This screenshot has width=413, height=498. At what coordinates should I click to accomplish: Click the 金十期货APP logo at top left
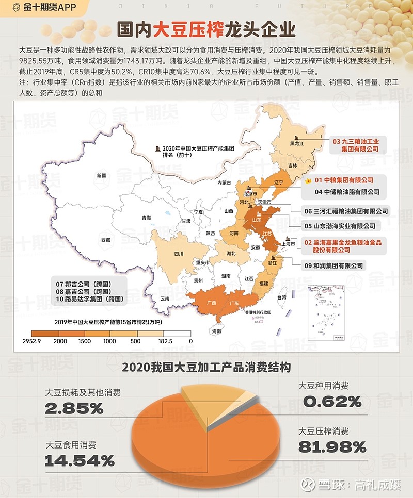(x=38, y=8)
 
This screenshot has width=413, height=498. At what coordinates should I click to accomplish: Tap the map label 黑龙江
(x=296, y=144)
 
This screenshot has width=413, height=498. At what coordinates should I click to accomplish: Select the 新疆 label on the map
(x=100, y=176)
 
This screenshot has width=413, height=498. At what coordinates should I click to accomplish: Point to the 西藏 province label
(x=106, y=240)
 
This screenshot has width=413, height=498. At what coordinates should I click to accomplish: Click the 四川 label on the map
(x=179, y=254)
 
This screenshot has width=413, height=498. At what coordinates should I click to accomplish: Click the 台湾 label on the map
(x=281, y=298)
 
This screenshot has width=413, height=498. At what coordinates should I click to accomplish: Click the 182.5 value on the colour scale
(x=166, y=341)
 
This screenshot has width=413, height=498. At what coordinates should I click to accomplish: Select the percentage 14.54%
(x=80, y=460)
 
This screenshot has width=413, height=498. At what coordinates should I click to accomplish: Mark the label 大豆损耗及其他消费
(x=83, y=393)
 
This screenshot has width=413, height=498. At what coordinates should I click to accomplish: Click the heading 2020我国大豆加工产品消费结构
(x=206, y=368)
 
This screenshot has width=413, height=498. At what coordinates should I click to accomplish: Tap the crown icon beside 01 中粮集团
(x=308, y=181)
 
